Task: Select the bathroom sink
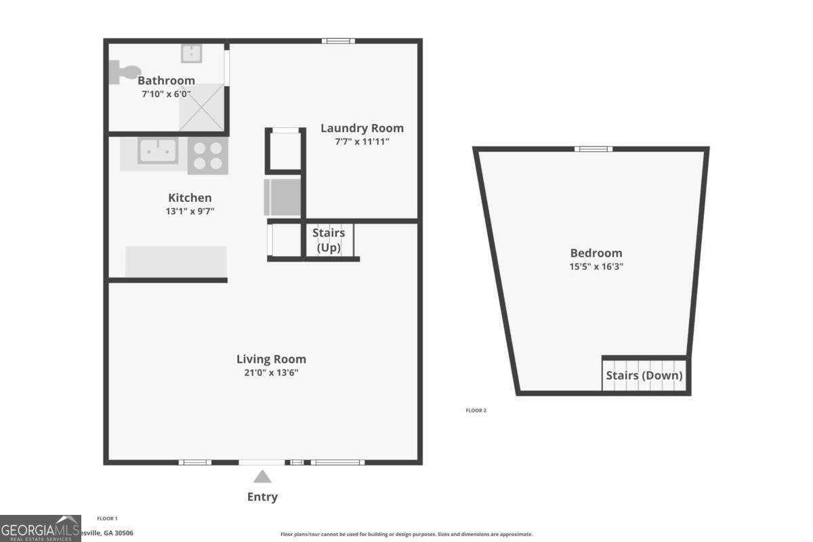pyautogui.click(x=191, y=52)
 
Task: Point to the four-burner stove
pyautogui.click(x=207, y=156)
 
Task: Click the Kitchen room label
pyautogui.click(x=190, y=198)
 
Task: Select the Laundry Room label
pyautogui.click(x=362, y=128)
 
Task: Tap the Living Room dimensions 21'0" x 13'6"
pyautogui.click(x=271, y=372)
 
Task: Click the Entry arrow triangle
pyautogui.click(x=262, y=476)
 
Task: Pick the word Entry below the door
pyautogui.click(x=262, y=497)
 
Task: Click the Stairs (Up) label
pyautogui.click(x=329, y=240)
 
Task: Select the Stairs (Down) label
pyautogui.click(x=644, y=375)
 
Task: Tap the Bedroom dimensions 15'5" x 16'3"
pyautogui.click(x=596, y=266)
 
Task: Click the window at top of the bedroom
pyautogui.click(x=593, y=149)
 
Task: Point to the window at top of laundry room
pyautogui.click(x=338, y=41)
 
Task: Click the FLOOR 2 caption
pyautogui.click(x=476, y=411)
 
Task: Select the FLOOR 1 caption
pyautogui.click(x=107, y=518)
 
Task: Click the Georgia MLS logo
pyautogui.click(x=40, y=528)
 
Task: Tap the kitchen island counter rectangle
pyautogui.click(x=176, y=262)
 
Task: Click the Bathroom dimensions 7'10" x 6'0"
pyautogui.click(x=166, y=94)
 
